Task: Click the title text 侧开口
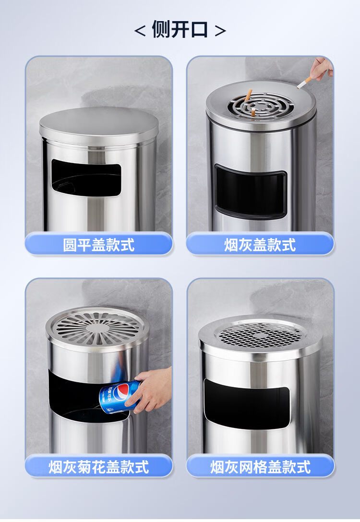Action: coord(180,29)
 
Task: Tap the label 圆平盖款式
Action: coord(98,245)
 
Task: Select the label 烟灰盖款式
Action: coord(260,245)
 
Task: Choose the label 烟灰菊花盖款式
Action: coord(98,467)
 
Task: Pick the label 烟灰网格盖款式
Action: coord(260,467)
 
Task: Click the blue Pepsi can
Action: coord(119,397)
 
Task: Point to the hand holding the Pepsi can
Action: coord(152,390)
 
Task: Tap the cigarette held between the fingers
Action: coord(304,83)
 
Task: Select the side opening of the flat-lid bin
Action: coord(86,178)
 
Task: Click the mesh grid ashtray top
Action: coord(261,334)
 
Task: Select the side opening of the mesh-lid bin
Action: coord(246,404)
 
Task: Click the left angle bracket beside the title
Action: coord(140,31)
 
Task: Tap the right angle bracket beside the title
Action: coord(220,31)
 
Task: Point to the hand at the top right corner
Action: coord(320,68)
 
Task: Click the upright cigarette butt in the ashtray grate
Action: coord(253,112)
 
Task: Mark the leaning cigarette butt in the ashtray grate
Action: coord(248,95)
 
